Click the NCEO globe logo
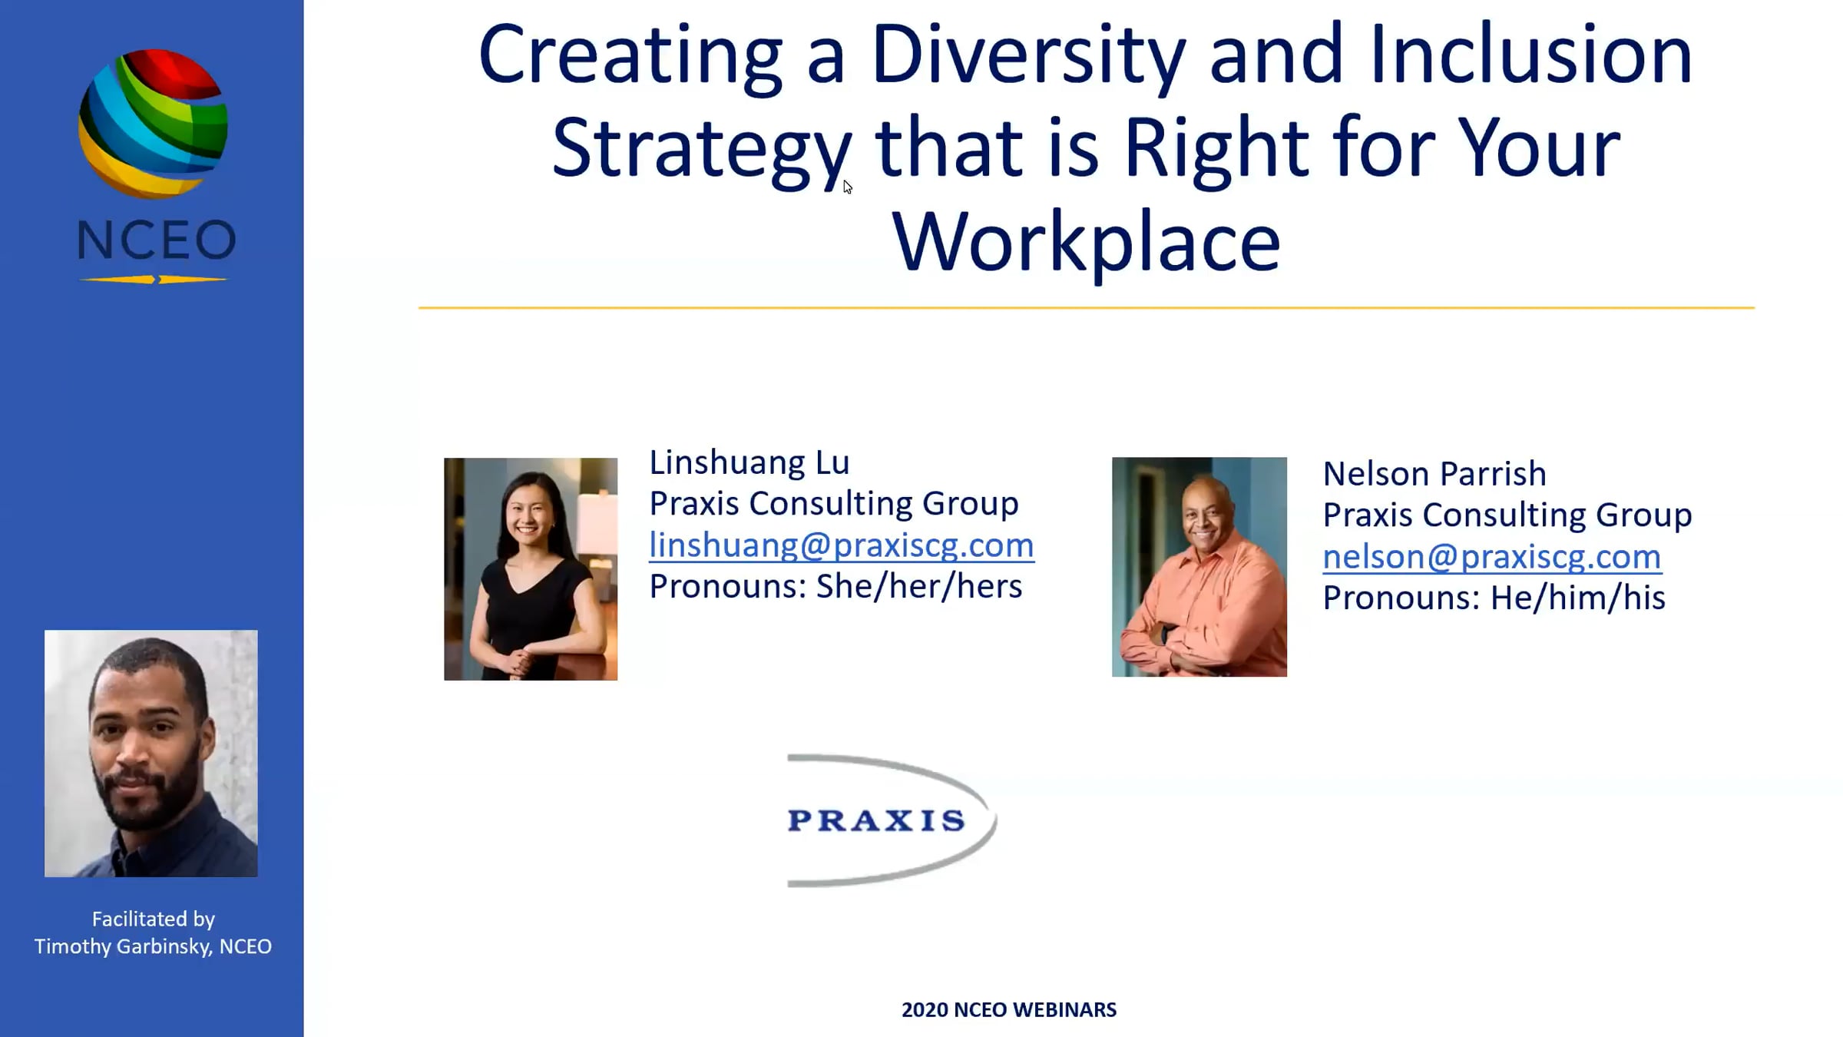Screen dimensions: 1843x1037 tap(153, 124)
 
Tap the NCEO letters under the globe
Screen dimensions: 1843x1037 tap(157, 240)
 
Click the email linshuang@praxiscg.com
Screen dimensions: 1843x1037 tap(842, 545)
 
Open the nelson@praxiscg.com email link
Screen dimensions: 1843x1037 tap(1492, 557)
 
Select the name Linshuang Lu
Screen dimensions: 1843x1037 tap(749, 462)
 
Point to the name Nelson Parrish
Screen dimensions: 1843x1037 tap(1434, 474)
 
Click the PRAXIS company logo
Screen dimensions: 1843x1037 tap(891, 820)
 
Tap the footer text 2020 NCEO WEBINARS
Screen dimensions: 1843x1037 tap(1009, 1010)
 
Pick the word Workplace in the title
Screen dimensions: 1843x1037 tap(1086, 242)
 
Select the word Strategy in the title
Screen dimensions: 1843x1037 tap(702, 149)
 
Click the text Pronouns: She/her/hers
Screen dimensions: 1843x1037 tap(835, 586)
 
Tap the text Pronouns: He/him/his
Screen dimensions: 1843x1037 tap(1494, 598)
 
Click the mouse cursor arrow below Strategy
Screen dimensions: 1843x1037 tap(847, 187)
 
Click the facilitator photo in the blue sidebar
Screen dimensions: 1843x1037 tap(151, 754)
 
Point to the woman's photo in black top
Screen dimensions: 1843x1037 tap(531, 569)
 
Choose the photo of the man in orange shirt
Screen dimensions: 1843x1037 tap(1199, 567)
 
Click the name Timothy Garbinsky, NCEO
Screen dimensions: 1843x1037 tap(153, 946)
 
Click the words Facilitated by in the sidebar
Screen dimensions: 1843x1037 tap(154, 919)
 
